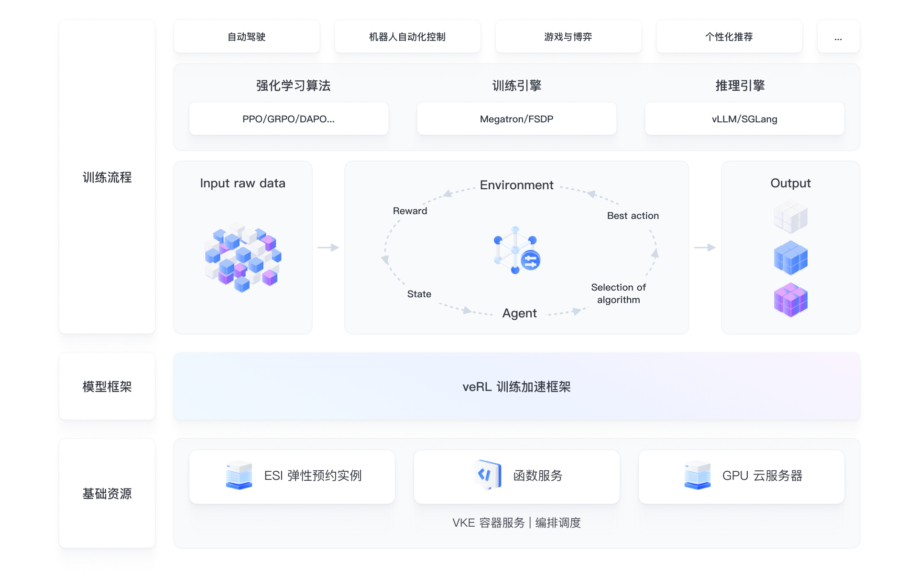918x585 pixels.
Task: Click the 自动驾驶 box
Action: pos(247,37)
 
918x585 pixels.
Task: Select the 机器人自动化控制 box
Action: pos(407,37)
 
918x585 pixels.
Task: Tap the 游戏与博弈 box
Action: pos(568,37)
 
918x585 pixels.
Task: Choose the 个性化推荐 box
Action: pos(729,37)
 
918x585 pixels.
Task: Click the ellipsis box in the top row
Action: pos(838,37)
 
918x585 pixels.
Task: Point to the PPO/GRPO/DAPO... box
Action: pos(288,119)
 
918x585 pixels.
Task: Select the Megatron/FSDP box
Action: pos(516,119)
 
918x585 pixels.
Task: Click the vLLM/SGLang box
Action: pos(744,119)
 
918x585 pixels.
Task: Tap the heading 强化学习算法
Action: pos(293,86)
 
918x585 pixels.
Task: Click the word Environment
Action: pos(516,185)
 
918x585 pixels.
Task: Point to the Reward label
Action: pos(410,211)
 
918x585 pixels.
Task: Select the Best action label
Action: pos(633,216)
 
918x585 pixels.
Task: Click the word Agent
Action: pos(519,313)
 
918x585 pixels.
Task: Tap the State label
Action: pos(419,294)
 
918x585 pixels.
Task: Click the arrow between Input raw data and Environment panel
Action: pos(328,248)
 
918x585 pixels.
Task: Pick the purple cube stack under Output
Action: pos(790,300)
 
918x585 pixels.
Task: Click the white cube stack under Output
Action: pos(790,217)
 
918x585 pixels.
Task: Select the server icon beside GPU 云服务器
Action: pos(697,475)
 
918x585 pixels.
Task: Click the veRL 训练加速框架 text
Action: pos(516,387)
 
